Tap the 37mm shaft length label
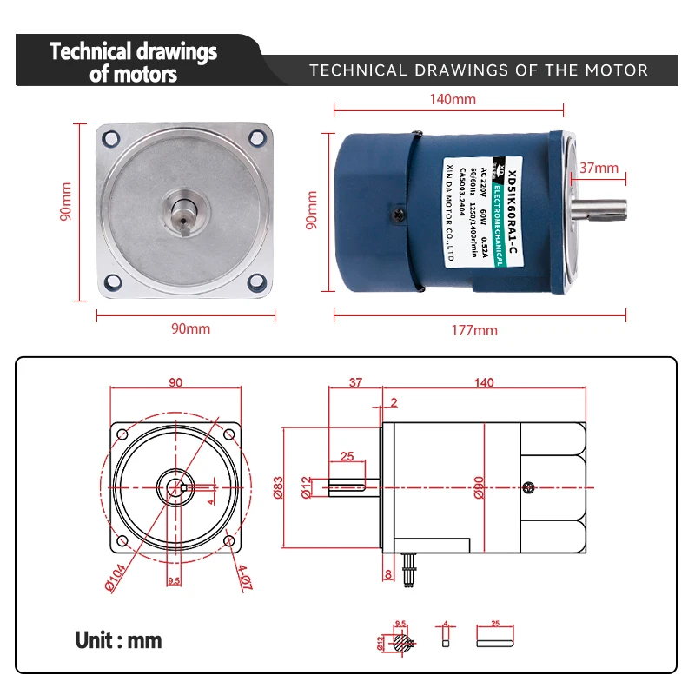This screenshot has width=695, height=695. (599, 168)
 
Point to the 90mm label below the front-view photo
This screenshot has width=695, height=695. (189, 328)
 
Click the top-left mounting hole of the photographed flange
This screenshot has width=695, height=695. (111, 138)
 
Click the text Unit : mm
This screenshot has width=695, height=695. (118, 640)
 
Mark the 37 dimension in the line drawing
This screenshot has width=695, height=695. (354, 382)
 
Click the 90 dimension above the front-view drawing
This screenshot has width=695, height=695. (175, 382)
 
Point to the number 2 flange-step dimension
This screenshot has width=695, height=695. (394, 401)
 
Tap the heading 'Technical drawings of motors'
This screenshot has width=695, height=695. (133, 62)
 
